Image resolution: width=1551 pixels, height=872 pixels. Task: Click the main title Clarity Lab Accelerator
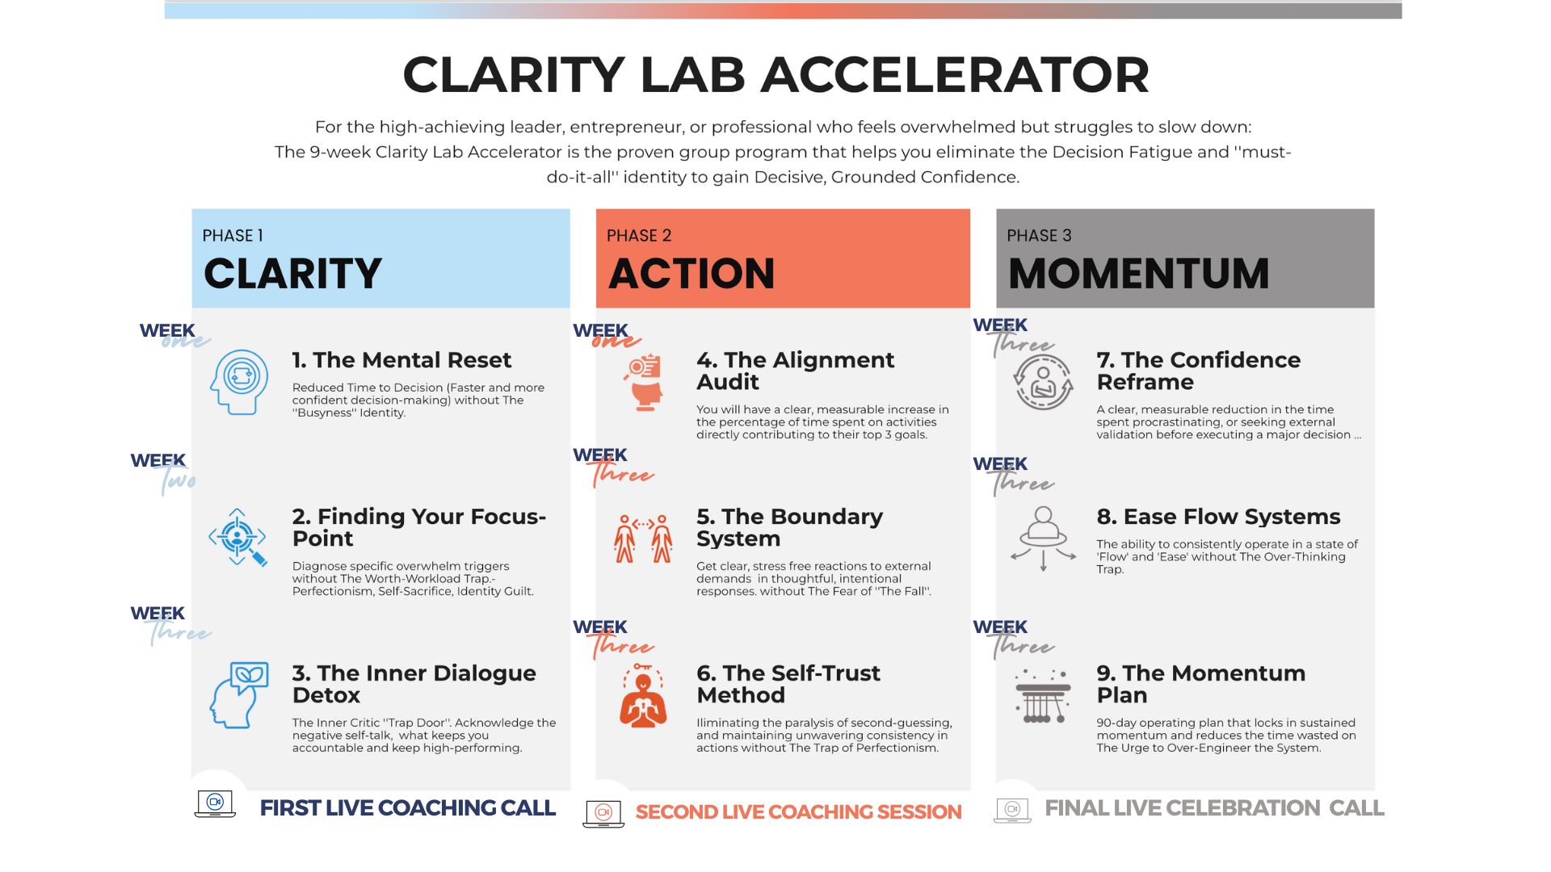(x=775, y=75)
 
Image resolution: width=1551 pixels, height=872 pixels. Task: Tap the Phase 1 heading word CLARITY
(x=292, y=274)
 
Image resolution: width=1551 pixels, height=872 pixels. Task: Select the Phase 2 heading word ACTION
(x=691, y=274)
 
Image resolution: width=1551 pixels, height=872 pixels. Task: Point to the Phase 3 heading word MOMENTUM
(x=1138, y=274)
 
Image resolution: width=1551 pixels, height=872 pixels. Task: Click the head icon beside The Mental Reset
(x=239, y=382)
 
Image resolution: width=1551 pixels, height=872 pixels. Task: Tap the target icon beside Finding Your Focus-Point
(x=237, y=537)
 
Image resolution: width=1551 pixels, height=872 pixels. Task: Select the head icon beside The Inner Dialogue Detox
(x=239, y=694)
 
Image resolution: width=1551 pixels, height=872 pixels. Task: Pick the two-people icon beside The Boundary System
(x=643, y=538)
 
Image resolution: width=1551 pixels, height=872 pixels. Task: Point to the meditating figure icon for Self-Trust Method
(x=643, y=696)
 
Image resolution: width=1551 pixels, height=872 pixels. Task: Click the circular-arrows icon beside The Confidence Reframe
(x=1043, y=382)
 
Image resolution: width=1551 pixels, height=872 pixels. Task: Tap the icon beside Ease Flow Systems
(x=1043, y=538)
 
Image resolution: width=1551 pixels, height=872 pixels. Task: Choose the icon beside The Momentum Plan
(x=1043, y=695)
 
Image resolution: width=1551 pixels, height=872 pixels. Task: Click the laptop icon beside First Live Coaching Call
(x=215, y=804)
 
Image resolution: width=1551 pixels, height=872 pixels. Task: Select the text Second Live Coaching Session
(x=798, y=812)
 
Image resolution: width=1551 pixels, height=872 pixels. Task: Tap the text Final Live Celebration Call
(x=1214, y=808)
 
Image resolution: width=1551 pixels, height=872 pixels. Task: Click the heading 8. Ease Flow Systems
(x=1218, y=517)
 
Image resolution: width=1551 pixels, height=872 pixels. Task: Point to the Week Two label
(x=164, y=470)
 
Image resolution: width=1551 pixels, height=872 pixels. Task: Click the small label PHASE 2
(x=639, y=236)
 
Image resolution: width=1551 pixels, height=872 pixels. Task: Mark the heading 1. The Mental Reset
(x=401, y=360)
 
